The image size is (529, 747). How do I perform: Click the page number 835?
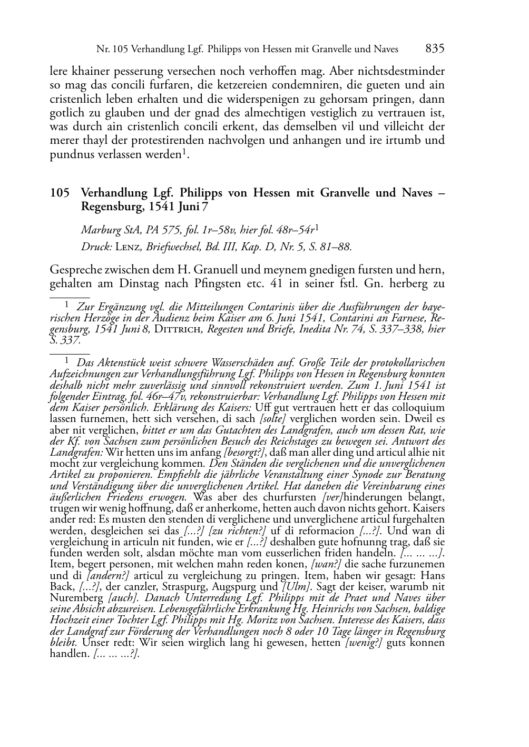tap(435, 49)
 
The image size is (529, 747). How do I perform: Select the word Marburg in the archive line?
tap(99, 230)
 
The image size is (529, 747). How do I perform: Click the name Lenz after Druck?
tap(126, 247)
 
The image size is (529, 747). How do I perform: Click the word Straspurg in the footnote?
tap(190, 586)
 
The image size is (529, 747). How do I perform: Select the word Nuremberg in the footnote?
tap(76, 598)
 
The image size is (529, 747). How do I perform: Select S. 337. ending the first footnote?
tap(65, 340)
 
